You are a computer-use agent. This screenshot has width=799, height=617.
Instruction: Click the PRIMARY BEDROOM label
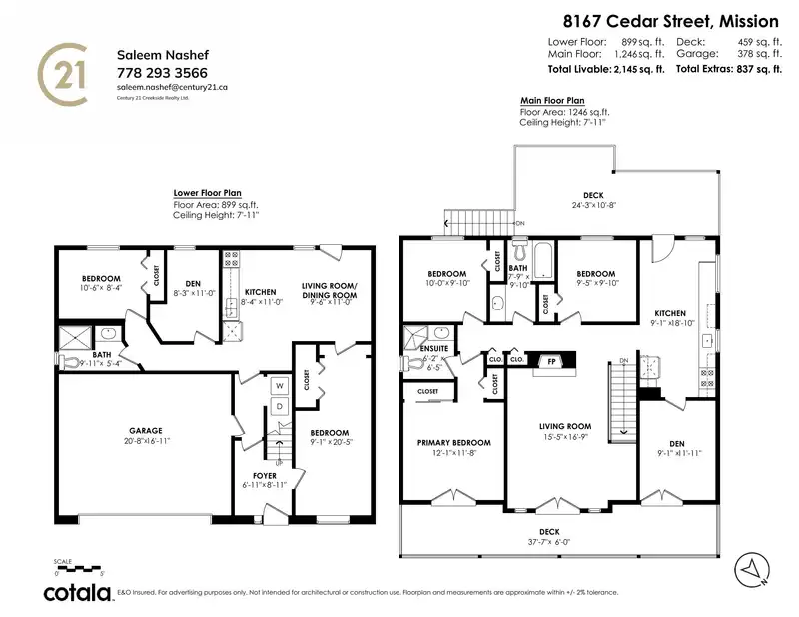(453, 442)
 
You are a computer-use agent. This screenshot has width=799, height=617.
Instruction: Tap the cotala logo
(76, 593)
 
